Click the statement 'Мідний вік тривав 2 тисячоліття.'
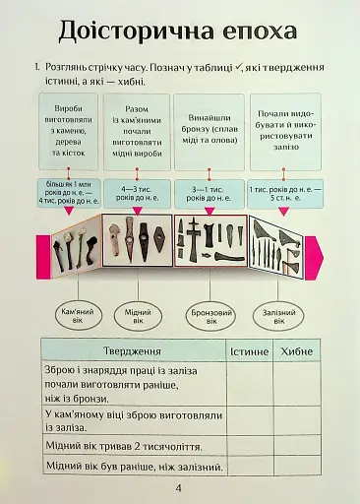(x=120, y=446)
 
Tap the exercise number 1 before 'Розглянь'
(x=36, y=67)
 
